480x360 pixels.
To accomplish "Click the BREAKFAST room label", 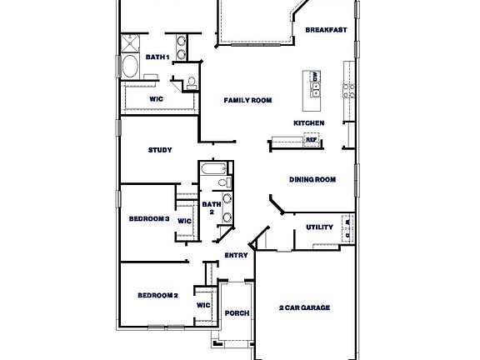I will [x=326, y=30].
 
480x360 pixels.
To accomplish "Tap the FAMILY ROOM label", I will [x=247, y=101].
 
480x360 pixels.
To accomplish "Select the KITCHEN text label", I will [x=308, y=123].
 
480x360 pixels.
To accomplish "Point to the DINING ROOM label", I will [x=312, y=179].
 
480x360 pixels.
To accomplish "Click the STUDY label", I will [x=160, y=150].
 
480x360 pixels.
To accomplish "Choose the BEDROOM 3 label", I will [x=149, y=219].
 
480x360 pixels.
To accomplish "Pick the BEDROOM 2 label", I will [x=157, y=295].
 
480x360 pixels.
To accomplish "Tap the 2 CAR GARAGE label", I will [x=304, y=307].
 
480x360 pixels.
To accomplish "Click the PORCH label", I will [x=237, y=314].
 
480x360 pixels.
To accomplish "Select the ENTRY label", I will [x=237, y=256].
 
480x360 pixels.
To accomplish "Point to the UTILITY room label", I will [x=319, y=227].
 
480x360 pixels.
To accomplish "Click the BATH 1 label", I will [x=157, y=57].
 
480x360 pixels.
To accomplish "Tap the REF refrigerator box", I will [x=311, y=140].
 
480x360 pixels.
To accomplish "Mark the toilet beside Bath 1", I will [x=191, y=82].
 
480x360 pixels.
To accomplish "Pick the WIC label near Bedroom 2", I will [x=203, y=306].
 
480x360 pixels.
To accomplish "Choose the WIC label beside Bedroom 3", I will [x=184, y=221].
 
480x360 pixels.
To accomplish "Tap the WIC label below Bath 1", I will [x=156, y=98].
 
